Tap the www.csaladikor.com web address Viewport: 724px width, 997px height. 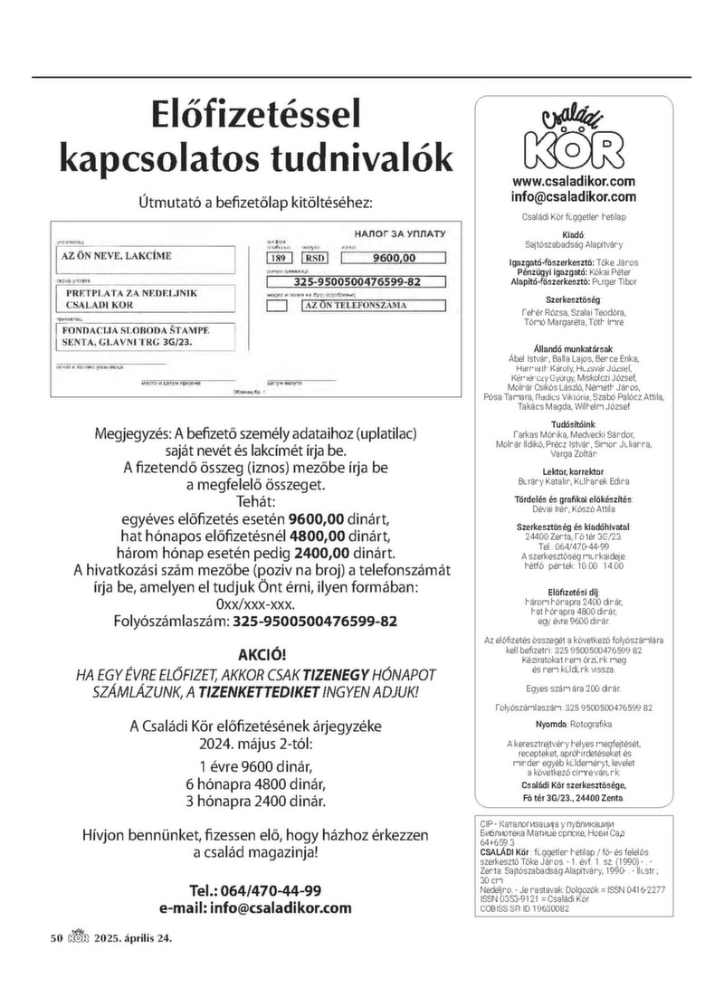pyautogui.click(x=573, y=181)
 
